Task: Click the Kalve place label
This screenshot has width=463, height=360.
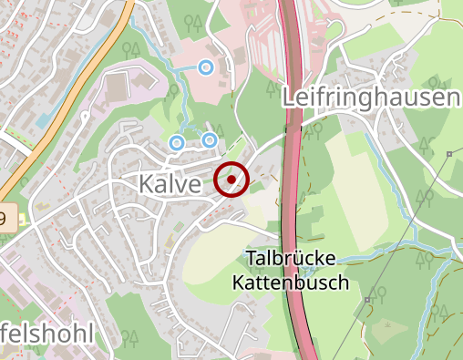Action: [170, 183]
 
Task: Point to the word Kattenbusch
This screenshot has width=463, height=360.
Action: [297, 283]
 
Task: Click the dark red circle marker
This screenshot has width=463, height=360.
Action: [231, 179]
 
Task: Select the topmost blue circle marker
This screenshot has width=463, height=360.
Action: [207, 67]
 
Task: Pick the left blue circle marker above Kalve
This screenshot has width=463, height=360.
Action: [176, 142]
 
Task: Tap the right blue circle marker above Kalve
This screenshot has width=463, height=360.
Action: [210, 139]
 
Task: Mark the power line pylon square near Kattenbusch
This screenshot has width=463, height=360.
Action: [366, 299]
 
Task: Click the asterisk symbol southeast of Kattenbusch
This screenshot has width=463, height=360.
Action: [393, 324]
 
